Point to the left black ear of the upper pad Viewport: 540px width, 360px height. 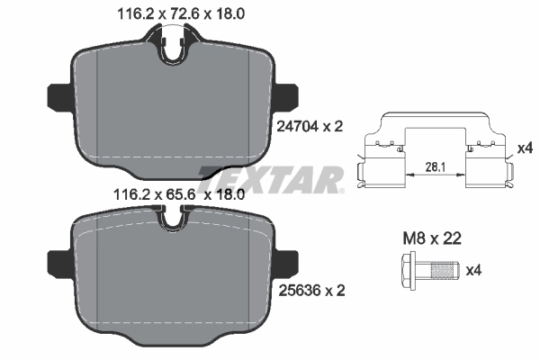[57, 94]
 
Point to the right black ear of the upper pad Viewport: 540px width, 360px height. [290, 94]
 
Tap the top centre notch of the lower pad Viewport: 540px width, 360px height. [173, 216]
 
